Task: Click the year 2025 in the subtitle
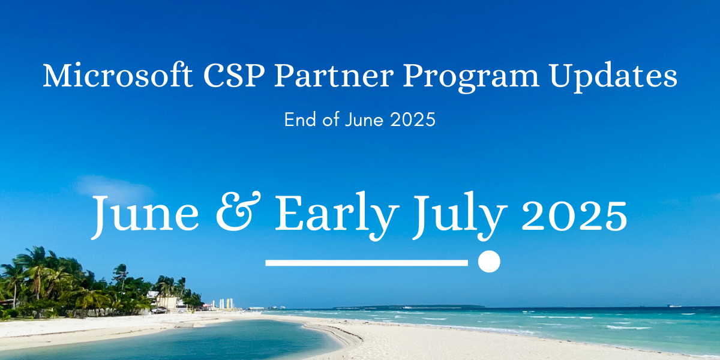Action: pyautogui.click(x=412, y=120)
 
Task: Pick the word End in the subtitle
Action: pyautogui.click(x=299, y=120)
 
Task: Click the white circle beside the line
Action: pyautogui.click(x=489, y=262)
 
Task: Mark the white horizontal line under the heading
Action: pyautogui.click(x=366, y=262)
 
